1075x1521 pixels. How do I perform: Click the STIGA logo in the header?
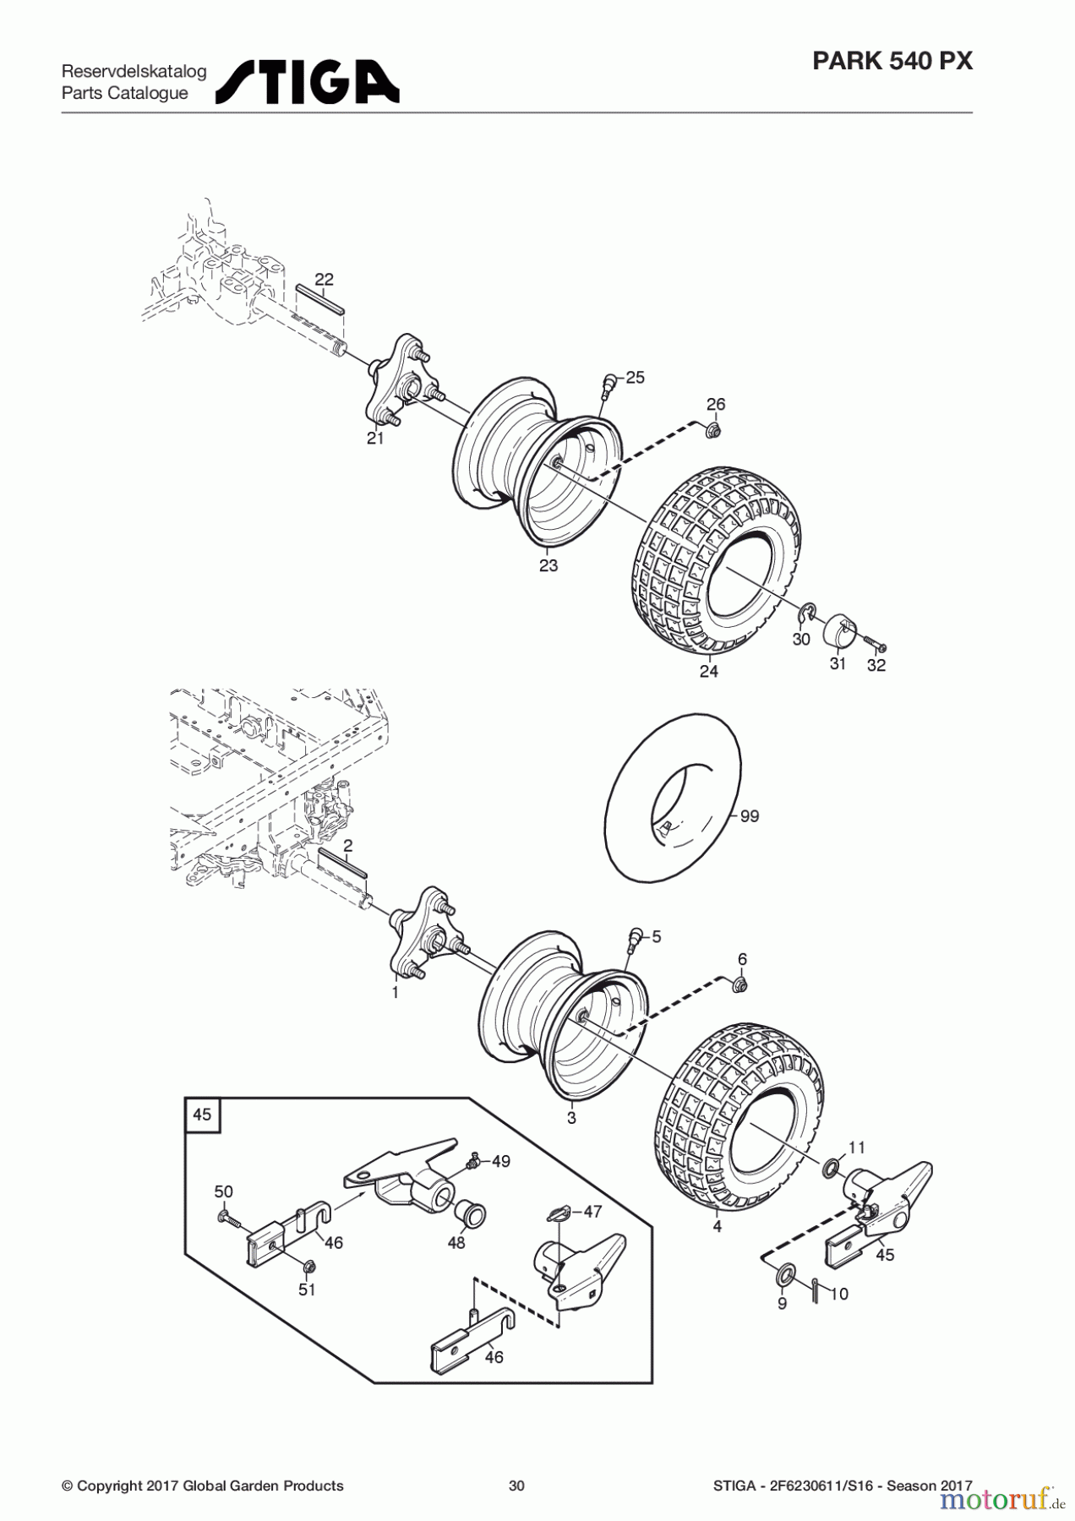[x=308, y=82]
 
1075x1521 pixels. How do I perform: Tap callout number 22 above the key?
[x=324, y=280]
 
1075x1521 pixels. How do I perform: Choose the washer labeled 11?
[x=831, y=1169]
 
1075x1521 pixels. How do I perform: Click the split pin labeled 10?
[x=814, y=1291]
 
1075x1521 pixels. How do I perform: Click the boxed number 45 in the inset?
[x=202, y=1115]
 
